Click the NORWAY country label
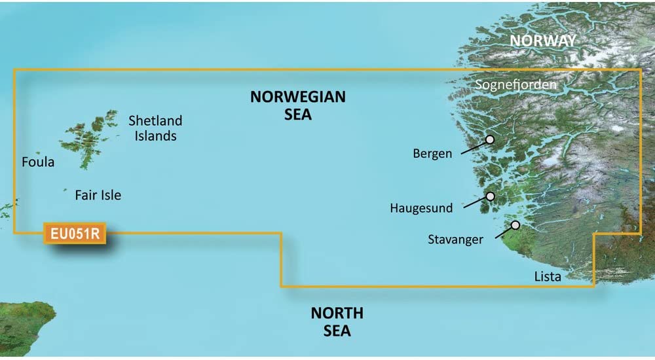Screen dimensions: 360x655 click(543, 41)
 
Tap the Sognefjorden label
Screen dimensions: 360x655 click(515, 84)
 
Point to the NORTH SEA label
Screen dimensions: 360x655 click(337, 321)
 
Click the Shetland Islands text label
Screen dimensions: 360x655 click(155, 128)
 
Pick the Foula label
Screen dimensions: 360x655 click(38, 162)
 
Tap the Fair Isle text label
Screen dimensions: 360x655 click(98, 195)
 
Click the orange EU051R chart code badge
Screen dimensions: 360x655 click(74, 234)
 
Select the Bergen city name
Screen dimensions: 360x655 click(432, 154)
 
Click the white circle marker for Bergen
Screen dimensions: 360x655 click(490, 139)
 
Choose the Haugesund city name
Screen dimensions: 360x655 click(421, 209)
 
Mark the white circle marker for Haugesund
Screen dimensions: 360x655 click(490, 196)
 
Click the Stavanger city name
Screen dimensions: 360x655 click(455, 240)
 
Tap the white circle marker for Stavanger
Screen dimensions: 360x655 click(515, 225)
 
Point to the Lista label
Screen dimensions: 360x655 click(547, 277)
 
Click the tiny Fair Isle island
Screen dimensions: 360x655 click(65, 190)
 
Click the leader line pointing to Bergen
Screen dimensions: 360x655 click(473, 147)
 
